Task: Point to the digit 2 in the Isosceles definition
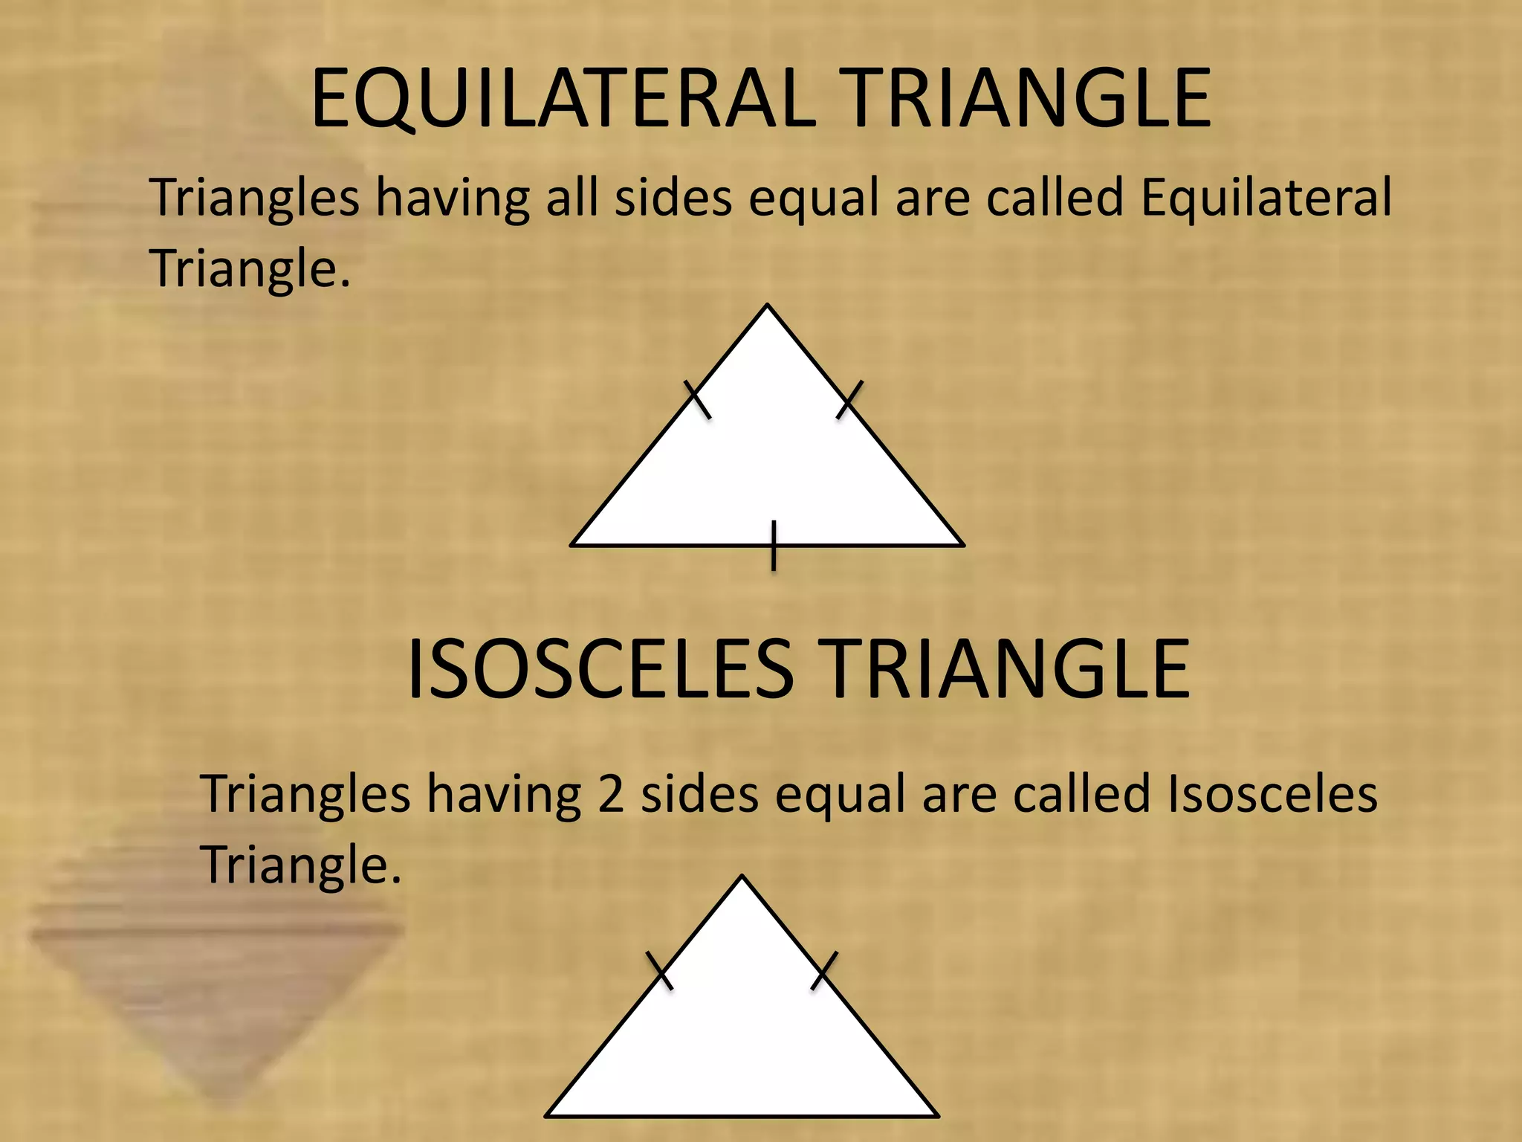click(610, 794)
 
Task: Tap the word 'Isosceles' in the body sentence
click(1272, 794)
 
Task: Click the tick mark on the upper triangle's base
click(774, 546)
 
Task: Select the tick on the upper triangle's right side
click(849, 399)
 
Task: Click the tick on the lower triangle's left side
click(660, 971)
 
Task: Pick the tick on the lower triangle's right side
click(824, 970)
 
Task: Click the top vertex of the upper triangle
click(768, 305)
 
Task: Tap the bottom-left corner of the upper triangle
click(571, 545)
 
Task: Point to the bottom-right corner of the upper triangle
click(964, 545)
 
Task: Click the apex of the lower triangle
click(742, 877)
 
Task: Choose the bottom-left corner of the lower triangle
click(546, 1116)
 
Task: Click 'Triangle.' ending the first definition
click(250, 268)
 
